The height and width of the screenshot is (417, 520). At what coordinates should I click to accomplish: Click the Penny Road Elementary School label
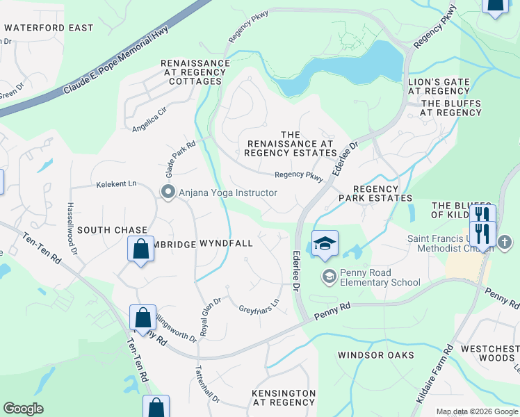[x=380, y=277]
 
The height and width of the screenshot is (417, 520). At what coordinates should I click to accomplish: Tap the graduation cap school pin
[x=325, y=244]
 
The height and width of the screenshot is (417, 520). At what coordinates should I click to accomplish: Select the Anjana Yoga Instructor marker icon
[x=168, y=193]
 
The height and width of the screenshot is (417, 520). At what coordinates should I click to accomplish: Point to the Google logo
[x=23, y=409]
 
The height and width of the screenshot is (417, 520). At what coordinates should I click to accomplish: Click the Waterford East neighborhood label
[x=48, y=28]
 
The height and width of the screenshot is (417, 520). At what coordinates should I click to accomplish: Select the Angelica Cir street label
[x=149, y=120]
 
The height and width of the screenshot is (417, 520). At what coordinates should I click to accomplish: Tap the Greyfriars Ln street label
[x=259, y=304]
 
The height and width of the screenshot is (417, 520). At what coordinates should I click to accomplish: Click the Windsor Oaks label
[x=375, y=355]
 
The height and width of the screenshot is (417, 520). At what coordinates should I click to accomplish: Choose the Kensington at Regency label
[x=284, y=398]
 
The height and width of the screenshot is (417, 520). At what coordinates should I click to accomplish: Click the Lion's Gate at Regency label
[x=439, y=86]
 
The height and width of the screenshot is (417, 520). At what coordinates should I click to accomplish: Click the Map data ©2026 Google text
[x=476, y=411]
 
